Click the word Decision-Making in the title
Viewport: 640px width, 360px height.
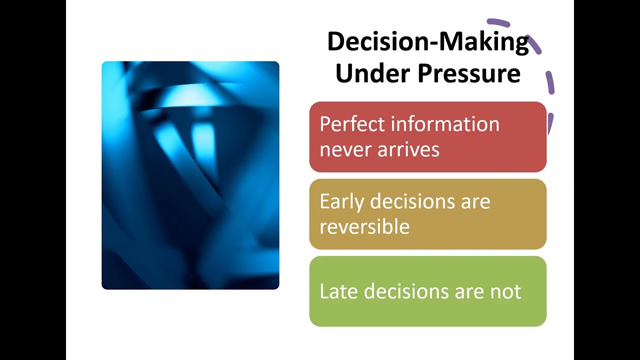pyautogui.click(x=427, y=42)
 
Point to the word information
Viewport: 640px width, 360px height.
pyautogui.click(x=445, y=124)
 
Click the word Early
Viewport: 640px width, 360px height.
pyautogui.click(x=341, y=201)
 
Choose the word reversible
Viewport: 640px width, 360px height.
pyautogui.click(x=364, y=227)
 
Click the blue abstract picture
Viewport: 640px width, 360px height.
pyautogui.click(x=190, y=175)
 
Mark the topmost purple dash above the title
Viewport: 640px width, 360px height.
pyautogui.click(x=498, y=22)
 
